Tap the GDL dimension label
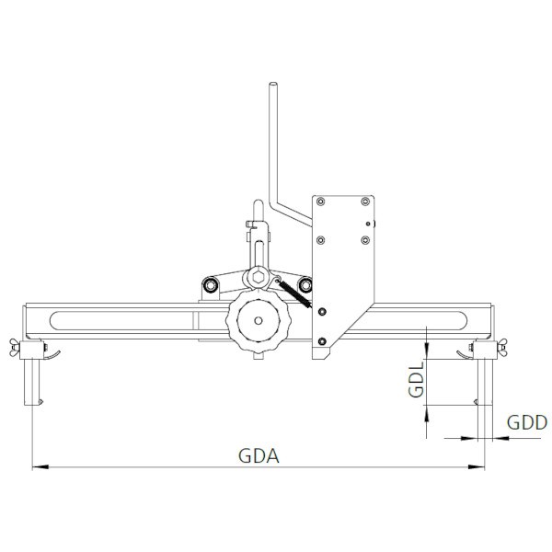coord(415,378)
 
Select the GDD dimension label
coord(527,423)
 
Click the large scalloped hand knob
coord(259,322)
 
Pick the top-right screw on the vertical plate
coord(365,201)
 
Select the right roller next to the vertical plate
coord(305,287)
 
